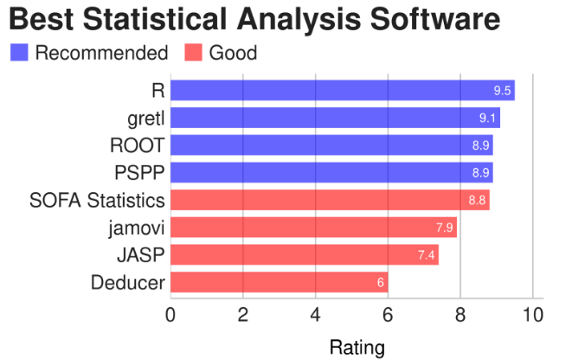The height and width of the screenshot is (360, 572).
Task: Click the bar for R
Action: click(342, 90)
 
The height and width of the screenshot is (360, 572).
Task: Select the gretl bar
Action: click(335, 118)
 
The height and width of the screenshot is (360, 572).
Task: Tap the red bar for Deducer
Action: click(279, 282)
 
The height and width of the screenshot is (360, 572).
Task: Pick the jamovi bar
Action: click(313, 228)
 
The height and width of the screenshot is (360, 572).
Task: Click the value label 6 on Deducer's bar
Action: click(380, 283)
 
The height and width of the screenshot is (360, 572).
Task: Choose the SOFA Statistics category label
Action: click(97, 201)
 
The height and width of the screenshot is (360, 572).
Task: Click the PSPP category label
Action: click(138, 173)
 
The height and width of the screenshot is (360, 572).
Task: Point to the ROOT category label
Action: click(137, 145)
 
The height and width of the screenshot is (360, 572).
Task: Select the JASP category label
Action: click(140, 255)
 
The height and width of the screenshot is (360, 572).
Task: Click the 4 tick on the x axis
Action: click(315, 314)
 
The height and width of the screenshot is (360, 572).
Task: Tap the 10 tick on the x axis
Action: click(533, 314)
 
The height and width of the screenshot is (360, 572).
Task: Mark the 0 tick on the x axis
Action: click(171, 314)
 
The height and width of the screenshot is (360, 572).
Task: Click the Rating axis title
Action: click(357, 348)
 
